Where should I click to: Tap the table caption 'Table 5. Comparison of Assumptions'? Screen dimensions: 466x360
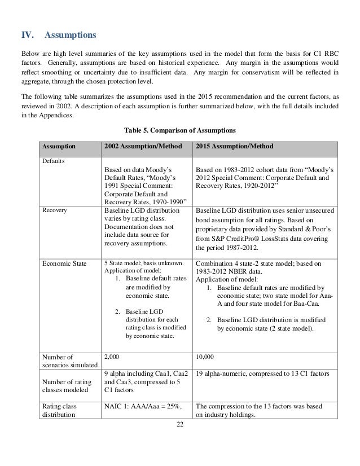click(180, 131)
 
